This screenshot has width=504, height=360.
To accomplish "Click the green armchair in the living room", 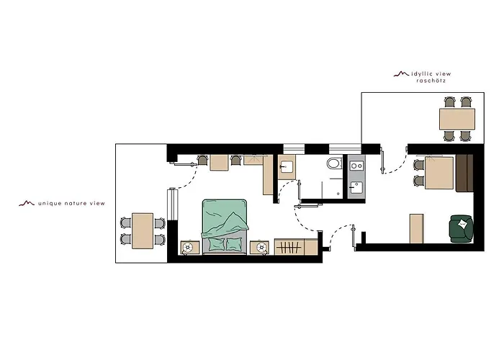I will click(461, 228).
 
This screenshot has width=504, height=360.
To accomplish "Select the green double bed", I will click(225, 225).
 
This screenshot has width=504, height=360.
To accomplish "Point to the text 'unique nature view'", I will click(71, 204).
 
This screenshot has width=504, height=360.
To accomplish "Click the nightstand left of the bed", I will click(189, 247).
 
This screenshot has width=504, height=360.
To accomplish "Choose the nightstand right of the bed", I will click(259, 247).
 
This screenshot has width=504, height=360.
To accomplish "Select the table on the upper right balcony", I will click(457, 118).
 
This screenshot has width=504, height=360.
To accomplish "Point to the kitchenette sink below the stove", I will click(355, 189).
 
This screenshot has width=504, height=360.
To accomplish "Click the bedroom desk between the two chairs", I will click(219, 163).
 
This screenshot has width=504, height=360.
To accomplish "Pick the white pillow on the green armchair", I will click(465, 225).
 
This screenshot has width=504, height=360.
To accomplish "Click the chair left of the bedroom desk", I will click(202, 160).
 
